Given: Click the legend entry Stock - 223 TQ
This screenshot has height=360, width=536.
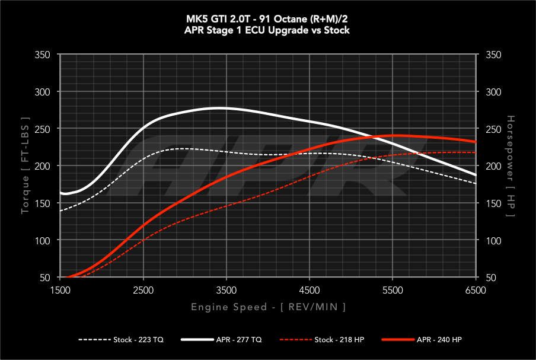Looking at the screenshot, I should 121,340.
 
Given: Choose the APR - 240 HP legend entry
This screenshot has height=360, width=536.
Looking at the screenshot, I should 422,340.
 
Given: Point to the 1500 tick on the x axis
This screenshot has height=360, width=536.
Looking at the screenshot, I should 60,290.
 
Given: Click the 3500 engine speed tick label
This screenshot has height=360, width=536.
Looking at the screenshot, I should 227,290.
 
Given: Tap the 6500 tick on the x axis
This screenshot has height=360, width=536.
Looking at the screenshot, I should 476,290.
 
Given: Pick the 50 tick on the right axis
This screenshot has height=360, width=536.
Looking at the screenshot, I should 491,278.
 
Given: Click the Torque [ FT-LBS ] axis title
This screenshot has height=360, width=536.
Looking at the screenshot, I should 25,166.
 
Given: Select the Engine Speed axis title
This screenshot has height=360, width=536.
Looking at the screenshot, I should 268,307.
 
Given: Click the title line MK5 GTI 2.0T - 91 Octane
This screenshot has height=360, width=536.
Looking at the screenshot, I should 268,18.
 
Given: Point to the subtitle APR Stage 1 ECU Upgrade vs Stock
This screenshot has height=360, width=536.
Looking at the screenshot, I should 268,30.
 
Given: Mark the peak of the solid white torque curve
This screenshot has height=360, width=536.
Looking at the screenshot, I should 219,108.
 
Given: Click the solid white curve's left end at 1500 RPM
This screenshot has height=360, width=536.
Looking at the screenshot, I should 61,193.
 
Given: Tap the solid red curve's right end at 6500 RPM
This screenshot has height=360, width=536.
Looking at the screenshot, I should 476,142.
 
